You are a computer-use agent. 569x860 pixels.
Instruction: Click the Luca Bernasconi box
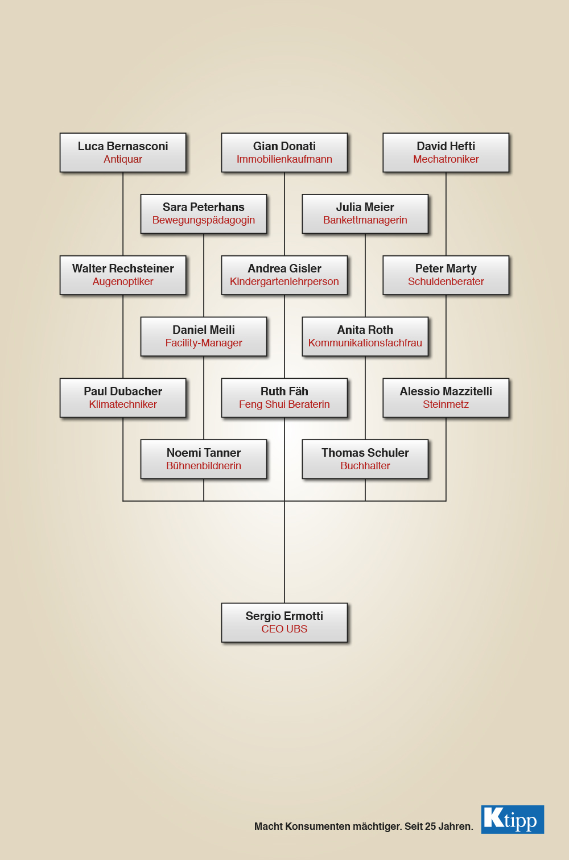pyautogui.click(x=123, y=152)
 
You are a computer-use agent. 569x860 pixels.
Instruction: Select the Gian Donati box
pyautogui.click(x=284, y=152)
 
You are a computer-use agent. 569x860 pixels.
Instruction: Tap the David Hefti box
pyautogui.click(x=446, y=152)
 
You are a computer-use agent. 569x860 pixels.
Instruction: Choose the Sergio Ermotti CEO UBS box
pyautogui.click(x=284, y=622)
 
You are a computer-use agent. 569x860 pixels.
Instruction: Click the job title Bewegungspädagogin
pyautogui.click(x=204, y=220)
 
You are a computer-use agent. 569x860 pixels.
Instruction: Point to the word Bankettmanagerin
pyautogui.click(x=365, y=220)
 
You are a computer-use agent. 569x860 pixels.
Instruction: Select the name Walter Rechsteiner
pyautogui.click(x=123, y=268)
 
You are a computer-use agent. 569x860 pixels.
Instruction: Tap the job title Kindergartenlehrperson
pyautogui.click(x=284, y=282)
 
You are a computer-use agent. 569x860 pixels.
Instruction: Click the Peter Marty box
pyautogui.click(x=446, y=275)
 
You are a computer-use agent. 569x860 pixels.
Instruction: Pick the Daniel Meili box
pyautogui.click(x=204, y=336)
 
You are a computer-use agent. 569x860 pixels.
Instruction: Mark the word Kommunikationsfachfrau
pyautogui.click(x=365, y=343)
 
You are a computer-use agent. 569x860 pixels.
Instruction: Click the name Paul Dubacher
pyautogui.click(x=123, y=391)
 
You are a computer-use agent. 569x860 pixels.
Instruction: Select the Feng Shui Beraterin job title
pyautogui.click(x=284, y=404)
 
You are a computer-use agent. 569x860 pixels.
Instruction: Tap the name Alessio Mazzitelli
pyautogui.click(x=446, y=391)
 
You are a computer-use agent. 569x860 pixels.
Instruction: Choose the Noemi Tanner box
pyautogui.click(x=204, y=459)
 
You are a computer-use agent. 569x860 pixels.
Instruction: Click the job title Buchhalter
pyautogui.click(x=365, y=466)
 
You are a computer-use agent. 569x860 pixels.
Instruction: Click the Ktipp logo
pyautogui.click(x=513, y=820)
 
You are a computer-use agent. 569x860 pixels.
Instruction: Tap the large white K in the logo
pyautogui.click(x=493, y=817)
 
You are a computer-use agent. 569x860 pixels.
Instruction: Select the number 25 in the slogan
pyautogui.click(x=430, y=826)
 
